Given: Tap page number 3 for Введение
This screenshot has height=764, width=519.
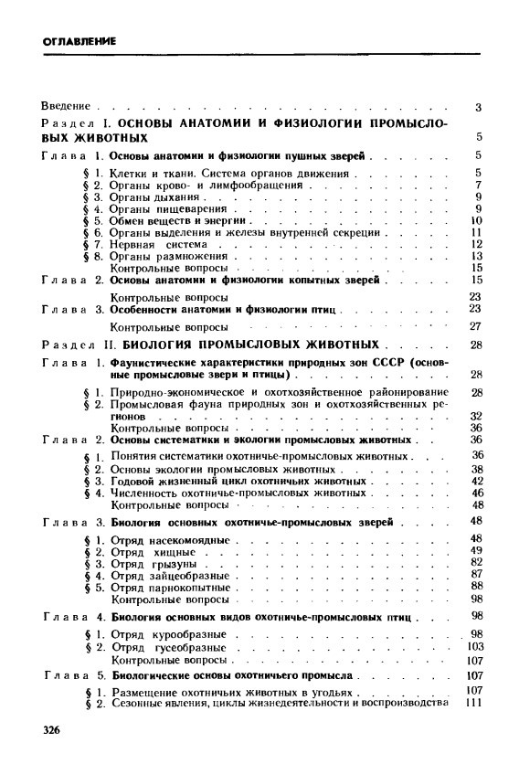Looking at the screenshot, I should (x=478, y=108).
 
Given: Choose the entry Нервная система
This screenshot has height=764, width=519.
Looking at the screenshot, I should (x=162, y=245).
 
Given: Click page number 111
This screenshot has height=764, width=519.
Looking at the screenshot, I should (x=473, y=703).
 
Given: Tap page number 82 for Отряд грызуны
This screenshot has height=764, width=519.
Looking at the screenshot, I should (x=476, y=563).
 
